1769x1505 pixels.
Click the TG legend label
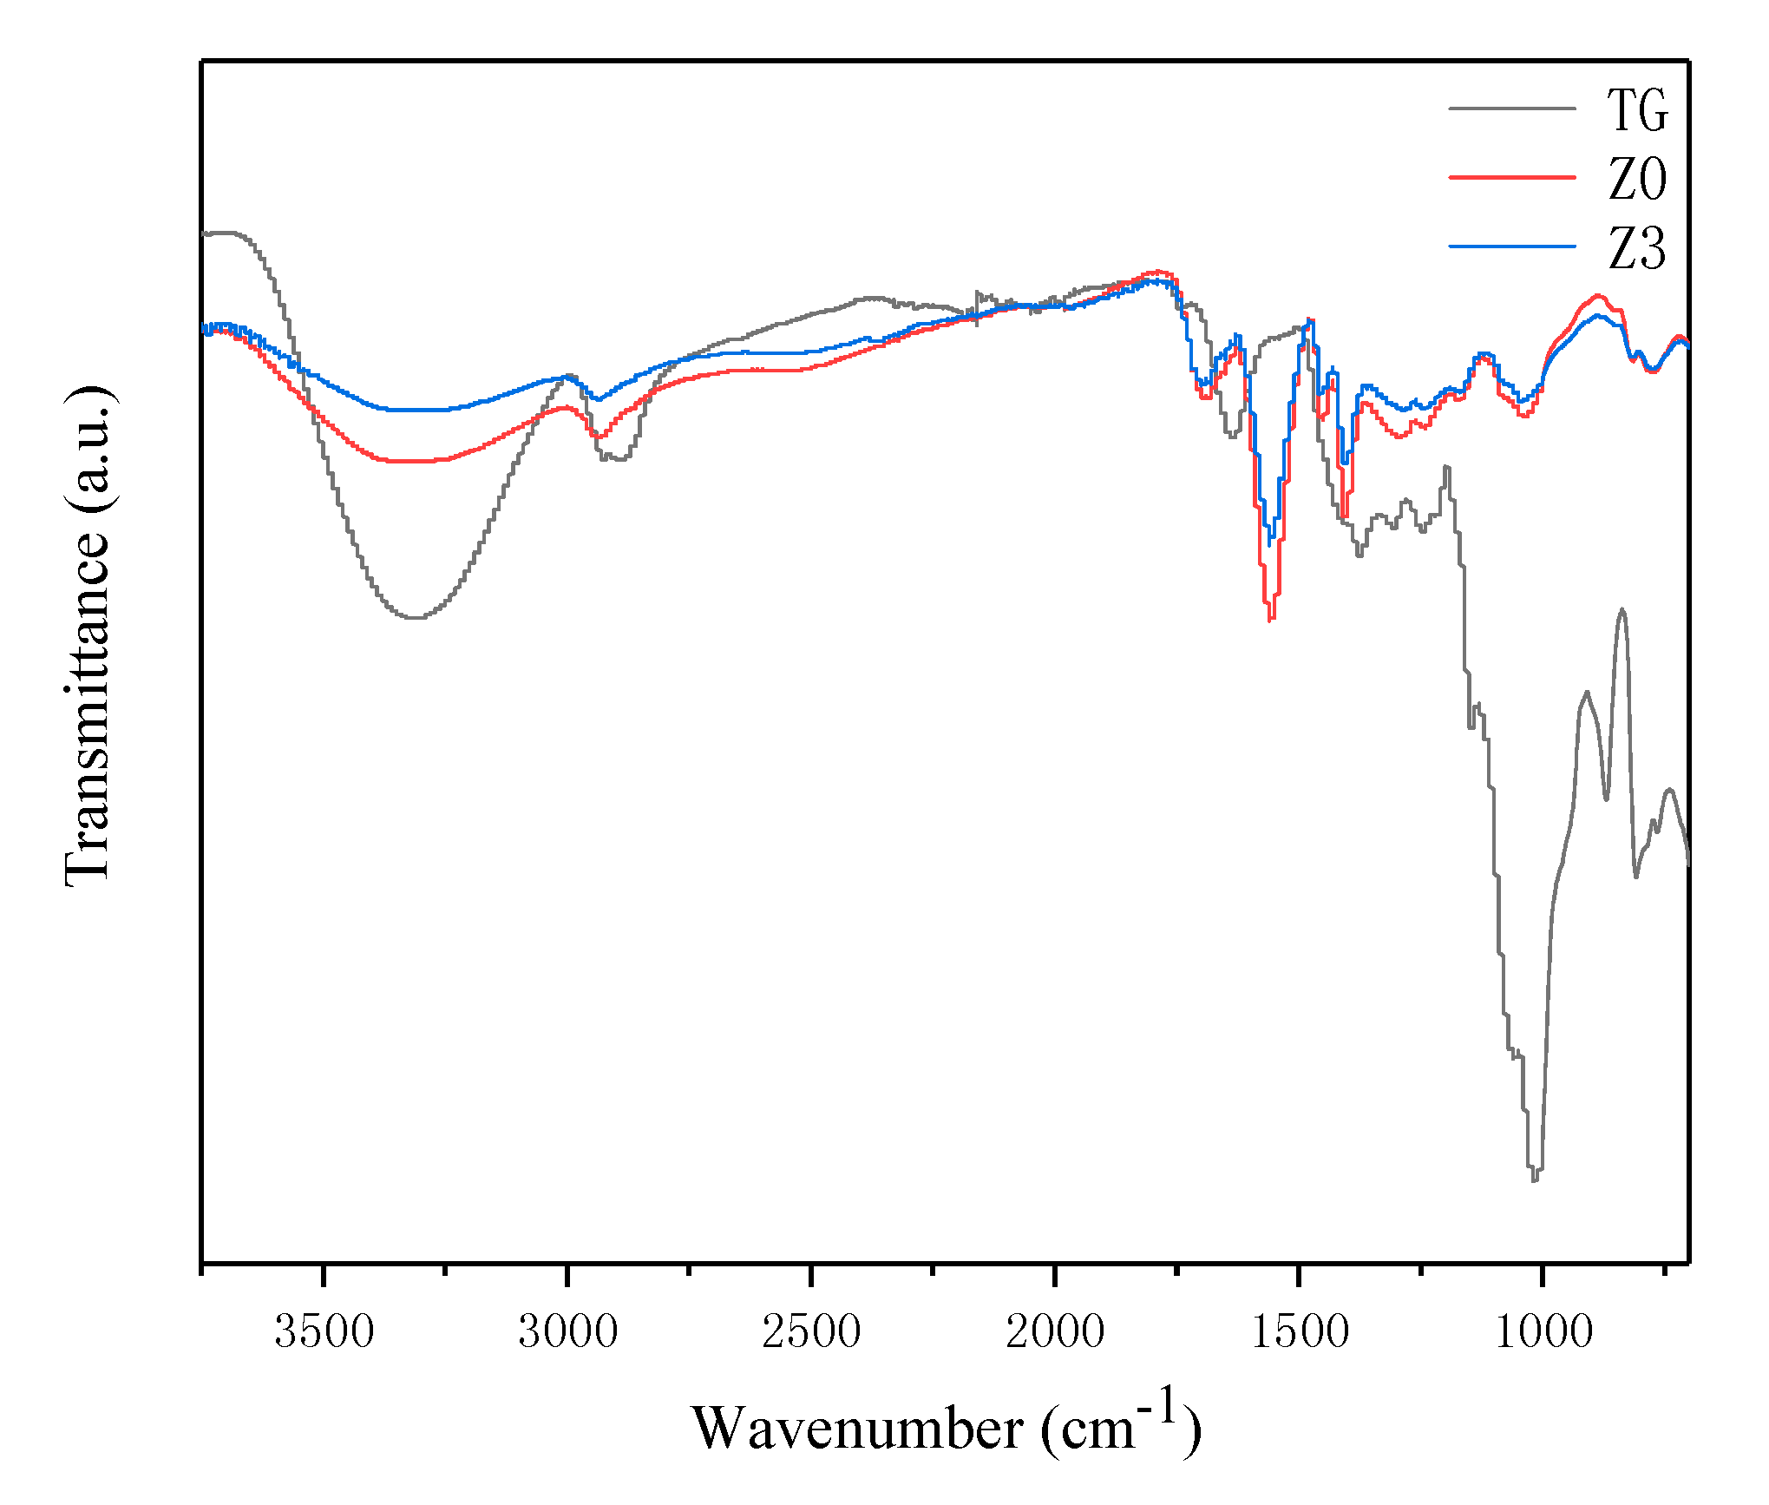(1636, 111)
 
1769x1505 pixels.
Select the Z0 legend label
(1636, 180)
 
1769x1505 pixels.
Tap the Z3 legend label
(1636, 249)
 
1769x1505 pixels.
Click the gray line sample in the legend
(1511, 108)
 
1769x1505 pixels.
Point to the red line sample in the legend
(1511, 177)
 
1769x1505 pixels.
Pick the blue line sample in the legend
(1511, 246)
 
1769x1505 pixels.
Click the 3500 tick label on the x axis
(324, 1331)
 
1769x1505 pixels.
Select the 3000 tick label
(567, 1331)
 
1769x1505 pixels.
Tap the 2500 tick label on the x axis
(811, 1331)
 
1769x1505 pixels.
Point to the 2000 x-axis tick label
(1055, 1331)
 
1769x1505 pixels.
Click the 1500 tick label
(1300, 1331)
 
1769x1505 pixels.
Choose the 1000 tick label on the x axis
(1543, 1331)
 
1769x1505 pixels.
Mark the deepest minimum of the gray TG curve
(1534, 1179)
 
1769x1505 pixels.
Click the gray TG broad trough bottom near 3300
(417, 617)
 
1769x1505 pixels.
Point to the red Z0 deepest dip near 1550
(1270, 619)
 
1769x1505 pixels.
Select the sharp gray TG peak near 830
(1622, 610)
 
